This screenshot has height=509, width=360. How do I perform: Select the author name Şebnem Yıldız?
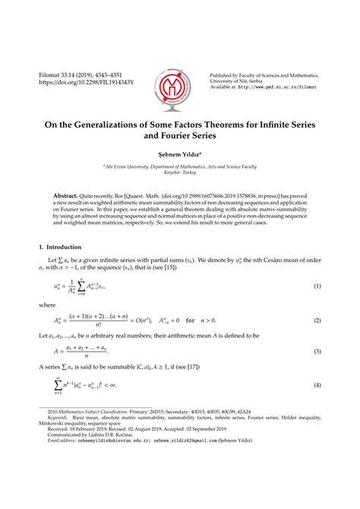click(x=179, y=152)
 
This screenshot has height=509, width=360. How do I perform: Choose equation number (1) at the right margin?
click(x=316, y=286)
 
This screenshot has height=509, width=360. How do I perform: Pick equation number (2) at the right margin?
click(x=316, y=321)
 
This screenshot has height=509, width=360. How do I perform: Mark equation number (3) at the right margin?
click(x=316, y=352)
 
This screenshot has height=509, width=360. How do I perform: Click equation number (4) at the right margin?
click(x=316, y=387)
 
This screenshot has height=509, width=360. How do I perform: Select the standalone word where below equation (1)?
click(x=47, y=305)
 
